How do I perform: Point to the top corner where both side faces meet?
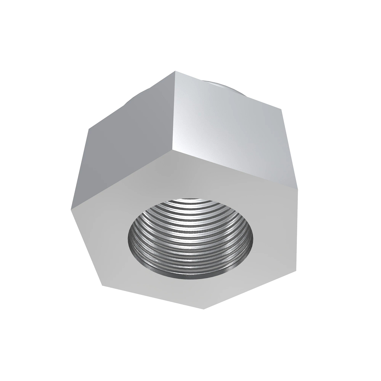174,72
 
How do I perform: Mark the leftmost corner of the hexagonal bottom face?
71,210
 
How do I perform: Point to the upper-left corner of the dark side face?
88,129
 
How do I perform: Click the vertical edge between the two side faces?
173,111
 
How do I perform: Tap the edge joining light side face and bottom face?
235,169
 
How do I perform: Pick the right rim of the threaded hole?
254,241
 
